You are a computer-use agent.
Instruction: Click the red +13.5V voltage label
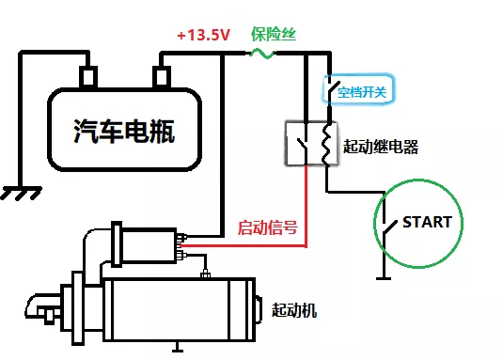203,35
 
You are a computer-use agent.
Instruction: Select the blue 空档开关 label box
358,92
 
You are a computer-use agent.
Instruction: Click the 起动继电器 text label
382,147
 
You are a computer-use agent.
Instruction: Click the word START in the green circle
427,223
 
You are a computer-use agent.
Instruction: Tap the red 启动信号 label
268,227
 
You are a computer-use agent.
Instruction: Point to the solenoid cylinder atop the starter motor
146,246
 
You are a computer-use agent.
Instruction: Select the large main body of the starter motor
179,310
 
